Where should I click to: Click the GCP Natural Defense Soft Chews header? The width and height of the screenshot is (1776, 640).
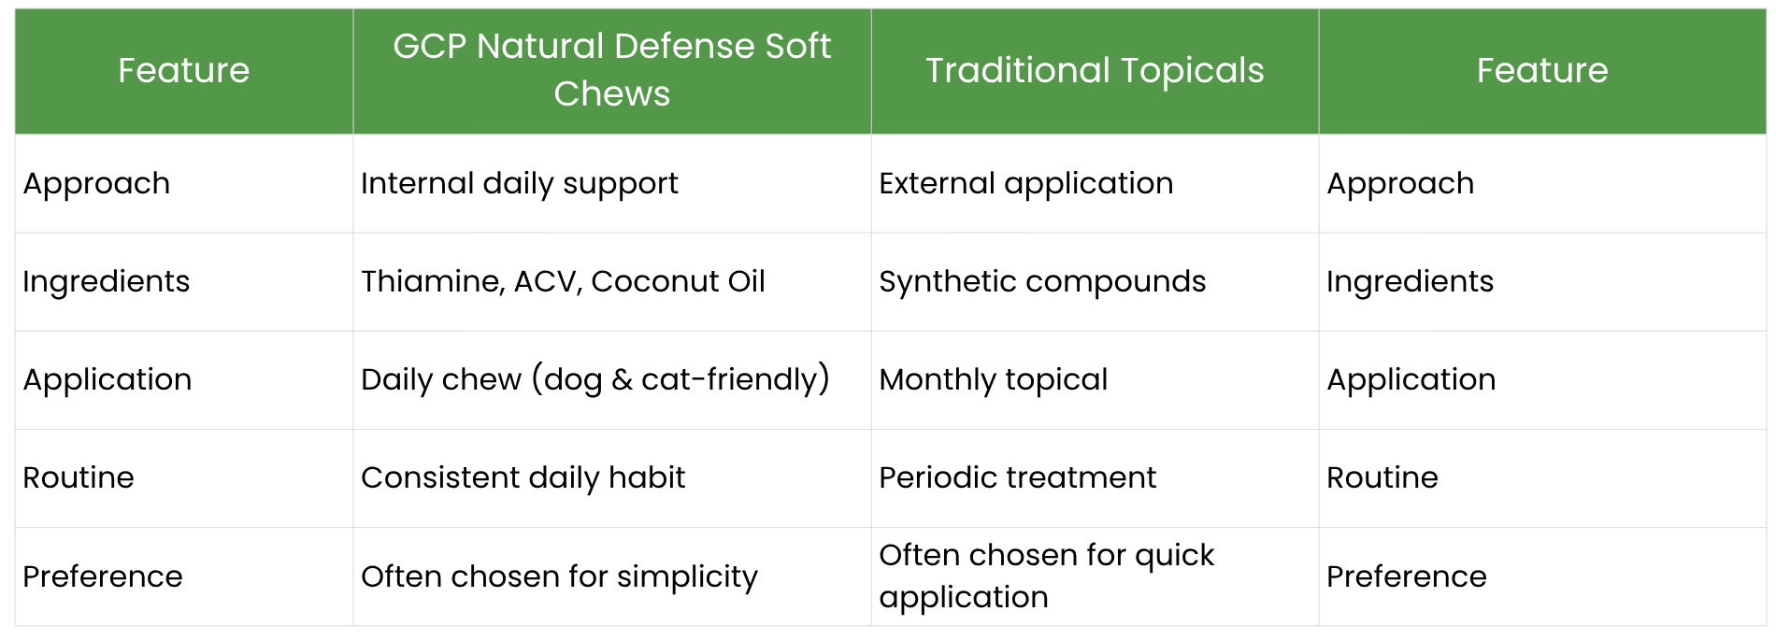(x=611, y=70)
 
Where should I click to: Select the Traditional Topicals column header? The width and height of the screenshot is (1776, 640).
(x=1095, y=71)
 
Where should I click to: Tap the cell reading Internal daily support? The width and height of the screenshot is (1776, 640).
(x=520, y=184)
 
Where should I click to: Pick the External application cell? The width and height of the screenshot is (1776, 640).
(x=1026, y=184)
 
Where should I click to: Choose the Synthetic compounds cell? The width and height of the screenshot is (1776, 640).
(x=1042, y=282)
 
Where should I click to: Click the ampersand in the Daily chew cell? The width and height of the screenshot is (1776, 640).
(x=622, y=380)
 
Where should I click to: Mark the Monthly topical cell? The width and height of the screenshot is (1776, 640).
(x=994, y=380)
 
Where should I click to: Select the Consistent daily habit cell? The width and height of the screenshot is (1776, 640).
(x=523, y=478)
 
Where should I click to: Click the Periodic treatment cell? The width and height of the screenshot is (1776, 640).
(x=1018, y=477)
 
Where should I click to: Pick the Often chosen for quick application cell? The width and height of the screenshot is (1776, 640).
(x=1047, y=576)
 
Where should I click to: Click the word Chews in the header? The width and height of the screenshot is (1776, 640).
(x=612, y=94)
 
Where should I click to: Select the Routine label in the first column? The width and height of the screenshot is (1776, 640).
(x=79, y=478)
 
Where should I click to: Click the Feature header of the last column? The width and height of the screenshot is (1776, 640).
(x=1542, y=71)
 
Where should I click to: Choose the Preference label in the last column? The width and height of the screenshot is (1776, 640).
(x=1407, y=576)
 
